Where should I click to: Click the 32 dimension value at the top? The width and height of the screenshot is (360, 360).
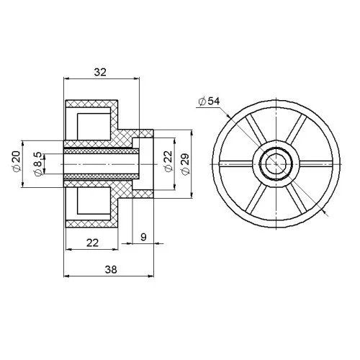click(100, 72)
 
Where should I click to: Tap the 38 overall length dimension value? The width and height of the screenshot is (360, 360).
click(111, 269)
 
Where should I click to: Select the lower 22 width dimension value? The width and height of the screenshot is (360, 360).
click(92, 243)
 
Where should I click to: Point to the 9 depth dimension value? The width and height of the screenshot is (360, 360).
click(143, 237)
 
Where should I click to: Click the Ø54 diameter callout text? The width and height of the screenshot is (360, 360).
click(210, 102)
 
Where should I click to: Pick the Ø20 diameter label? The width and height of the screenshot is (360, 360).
click(17, 161)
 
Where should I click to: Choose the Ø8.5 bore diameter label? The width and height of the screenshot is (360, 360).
click(38, 164)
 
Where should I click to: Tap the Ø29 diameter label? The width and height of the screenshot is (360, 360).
click(186, 164)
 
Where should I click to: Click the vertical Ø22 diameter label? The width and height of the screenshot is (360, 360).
click(168, 161)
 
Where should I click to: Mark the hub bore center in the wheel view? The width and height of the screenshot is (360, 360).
click(276, 164)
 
